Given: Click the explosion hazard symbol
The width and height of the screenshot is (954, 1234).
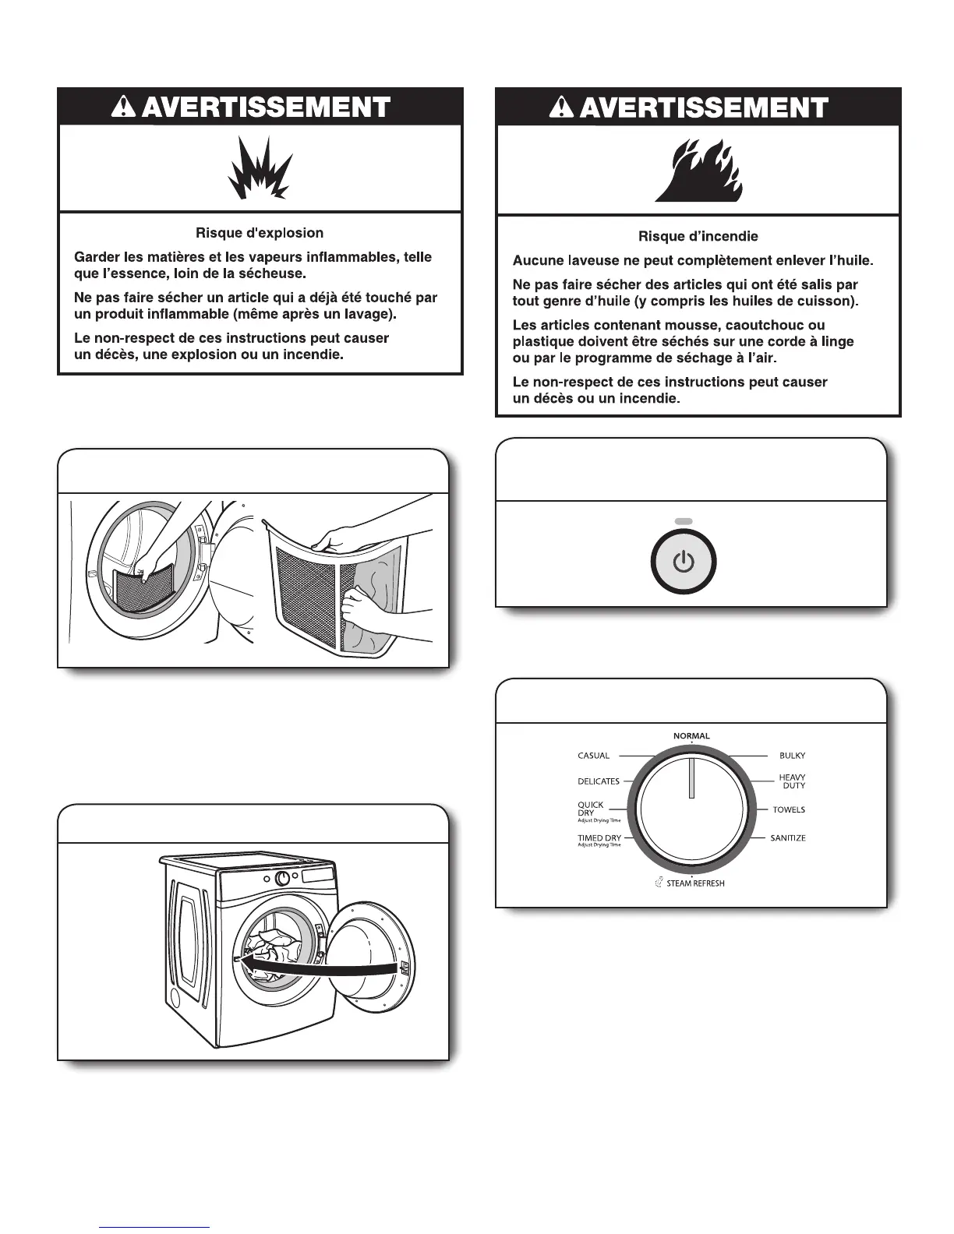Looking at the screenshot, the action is (260, 168).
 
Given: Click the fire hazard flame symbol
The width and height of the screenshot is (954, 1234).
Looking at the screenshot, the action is (698, 171).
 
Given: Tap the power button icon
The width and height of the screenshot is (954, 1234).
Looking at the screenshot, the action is (684, 561).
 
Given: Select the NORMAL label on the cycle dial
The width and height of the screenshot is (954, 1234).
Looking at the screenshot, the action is (691, 736).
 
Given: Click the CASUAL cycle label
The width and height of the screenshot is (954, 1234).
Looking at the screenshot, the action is (593, 756).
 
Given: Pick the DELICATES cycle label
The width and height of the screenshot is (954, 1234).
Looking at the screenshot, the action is (599, 781).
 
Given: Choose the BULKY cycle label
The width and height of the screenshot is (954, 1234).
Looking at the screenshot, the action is (792, 756).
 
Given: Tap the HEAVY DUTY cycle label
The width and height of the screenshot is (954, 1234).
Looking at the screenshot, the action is (793, 781).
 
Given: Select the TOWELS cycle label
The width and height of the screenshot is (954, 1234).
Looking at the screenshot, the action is (789, 810).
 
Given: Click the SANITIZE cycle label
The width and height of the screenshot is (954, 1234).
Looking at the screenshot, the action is (788, 838).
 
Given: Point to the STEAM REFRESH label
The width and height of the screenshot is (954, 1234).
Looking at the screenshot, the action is (695, 883).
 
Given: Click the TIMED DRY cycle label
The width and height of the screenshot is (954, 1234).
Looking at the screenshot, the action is (599, 838).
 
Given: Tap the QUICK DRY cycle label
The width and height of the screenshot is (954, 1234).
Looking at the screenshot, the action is (591, 809).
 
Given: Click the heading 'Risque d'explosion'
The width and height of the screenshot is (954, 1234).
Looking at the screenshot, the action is (260, 233).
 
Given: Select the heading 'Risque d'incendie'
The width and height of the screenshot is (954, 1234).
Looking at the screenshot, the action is (698, 236).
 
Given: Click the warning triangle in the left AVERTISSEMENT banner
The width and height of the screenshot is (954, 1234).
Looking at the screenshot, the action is (124, 108).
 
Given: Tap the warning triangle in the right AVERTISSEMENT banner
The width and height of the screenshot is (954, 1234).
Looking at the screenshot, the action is (561, 108).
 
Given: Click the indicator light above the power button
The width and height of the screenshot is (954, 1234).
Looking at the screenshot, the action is (684, 521).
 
